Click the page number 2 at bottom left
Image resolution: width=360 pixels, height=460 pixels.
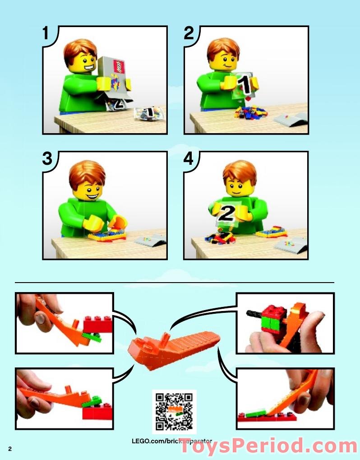[x=9, y=448]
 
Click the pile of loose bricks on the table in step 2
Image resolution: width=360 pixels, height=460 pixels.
[x=251, y=112]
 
